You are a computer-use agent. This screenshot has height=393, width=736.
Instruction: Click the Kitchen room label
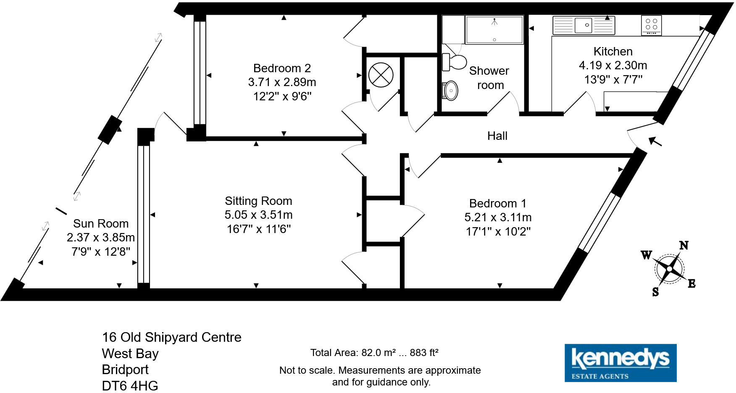612,52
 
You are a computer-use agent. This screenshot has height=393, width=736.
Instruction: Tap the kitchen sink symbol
584,25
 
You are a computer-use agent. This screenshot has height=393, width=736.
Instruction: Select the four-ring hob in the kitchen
652,25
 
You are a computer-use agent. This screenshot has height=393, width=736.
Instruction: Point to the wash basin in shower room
450,90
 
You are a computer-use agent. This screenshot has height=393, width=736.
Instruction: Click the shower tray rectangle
494,29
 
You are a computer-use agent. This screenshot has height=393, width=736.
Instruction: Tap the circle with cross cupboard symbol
381,75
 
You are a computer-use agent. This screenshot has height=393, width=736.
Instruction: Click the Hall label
497,136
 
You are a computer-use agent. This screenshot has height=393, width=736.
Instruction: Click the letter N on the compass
684,245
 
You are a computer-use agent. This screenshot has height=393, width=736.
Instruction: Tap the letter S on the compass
655,292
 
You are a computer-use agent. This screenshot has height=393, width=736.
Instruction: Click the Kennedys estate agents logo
620,363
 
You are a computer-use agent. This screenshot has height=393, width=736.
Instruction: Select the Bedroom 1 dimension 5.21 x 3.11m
498,217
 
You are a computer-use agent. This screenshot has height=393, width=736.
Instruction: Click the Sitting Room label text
258,201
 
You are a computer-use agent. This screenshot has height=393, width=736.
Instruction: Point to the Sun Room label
101,223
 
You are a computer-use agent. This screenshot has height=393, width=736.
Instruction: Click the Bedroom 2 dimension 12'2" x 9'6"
282,97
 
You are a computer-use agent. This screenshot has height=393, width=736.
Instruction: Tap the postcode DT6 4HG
130,385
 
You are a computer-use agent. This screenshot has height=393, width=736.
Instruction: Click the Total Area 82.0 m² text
374,353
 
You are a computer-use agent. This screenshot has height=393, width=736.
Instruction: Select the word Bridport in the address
125,369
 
